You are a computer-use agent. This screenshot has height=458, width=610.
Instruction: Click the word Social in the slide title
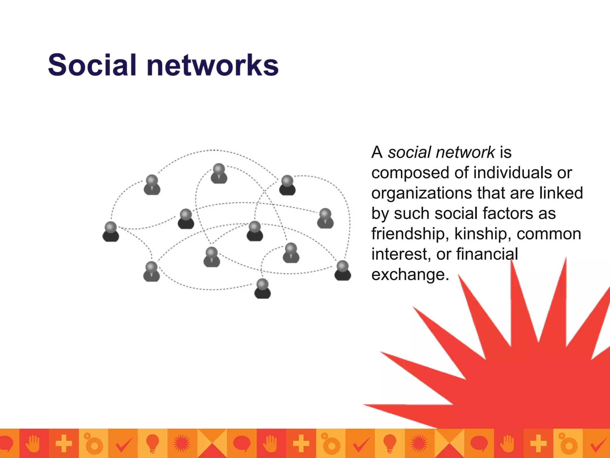pyautogui.click(x=92, y=65)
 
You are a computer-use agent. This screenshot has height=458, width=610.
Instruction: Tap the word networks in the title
pyautogui.click(x=213, y=65)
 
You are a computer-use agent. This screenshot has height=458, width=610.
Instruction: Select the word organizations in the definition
pyautogui.click(x=422, y=193)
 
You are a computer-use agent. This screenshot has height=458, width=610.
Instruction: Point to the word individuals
pyautogui.click(x=512, y=173)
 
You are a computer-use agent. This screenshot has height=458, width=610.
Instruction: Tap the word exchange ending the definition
pyautogui.click(x=410, y=275)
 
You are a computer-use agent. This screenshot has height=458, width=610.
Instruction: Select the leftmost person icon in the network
pyautogui.click(x=111, y=231)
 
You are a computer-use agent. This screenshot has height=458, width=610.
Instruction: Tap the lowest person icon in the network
pyautogui.click(x=262, y=289)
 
